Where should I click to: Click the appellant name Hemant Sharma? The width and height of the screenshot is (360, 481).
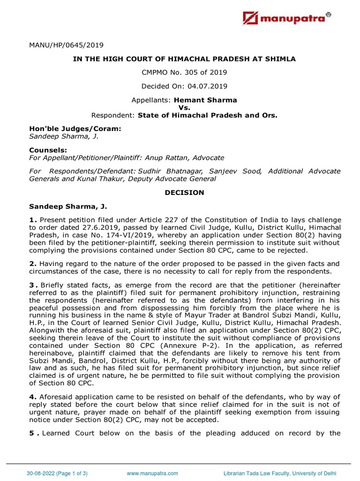[x=205, y=100]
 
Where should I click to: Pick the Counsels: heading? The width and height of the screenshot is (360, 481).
[x=47, y=150]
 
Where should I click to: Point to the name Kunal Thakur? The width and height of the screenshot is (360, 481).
[x=107, y=178]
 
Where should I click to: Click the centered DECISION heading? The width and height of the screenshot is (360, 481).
[x=180, y=192]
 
